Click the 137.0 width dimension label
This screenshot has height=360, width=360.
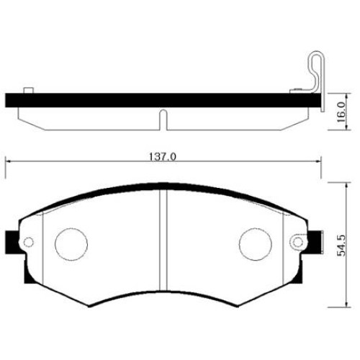pyautogui.click(x=163, y=157)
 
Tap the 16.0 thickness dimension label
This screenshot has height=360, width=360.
pyautogui.click(x=341, y=112)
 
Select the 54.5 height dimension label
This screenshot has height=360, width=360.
pyautogui.click(x=341, y=245)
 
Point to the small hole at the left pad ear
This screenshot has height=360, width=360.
pyautogui.click(x=29, y=242)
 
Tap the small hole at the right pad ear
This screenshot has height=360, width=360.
pyautogui.click(x=298, y=242)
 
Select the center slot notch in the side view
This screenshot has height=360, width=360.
pyautogui.click(x=163, y=120)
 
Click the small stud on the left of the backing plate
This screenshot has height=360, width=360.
pyautogui.click(x=29, y=91)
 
